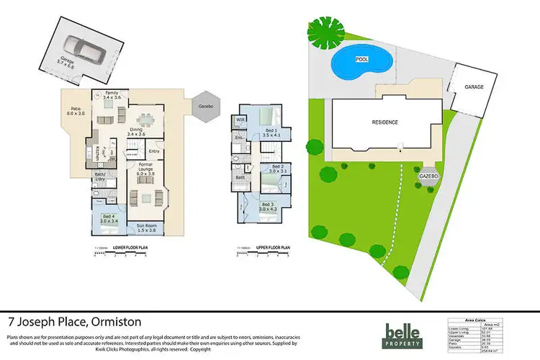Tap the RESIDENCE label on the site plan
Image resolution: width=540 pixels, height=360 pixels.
[384, 123]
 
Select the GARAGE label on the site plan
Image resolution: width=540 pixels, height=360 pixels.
[473, 86]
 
